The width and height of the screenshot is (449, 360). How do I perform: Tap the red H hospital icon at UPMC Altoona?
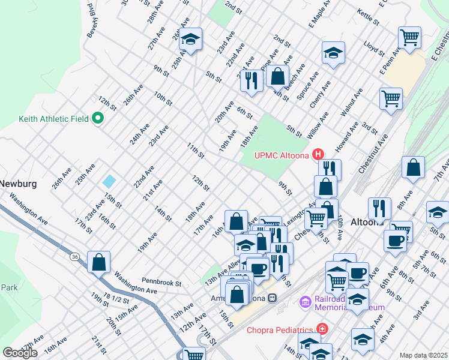click(318, 155)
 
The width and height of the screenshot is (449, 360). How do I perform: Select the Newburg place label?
click(19, 183)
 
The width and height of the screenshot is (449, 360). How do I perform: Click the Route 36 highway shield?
click(74, 257)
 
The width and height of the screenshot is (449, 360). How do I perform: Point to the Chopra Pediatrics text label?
click(280, 329)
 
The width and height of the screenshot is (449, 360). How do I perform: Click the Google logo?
click(20, 353)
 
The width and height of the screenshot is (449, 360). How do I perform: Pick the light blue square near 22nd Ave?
click(109, 181)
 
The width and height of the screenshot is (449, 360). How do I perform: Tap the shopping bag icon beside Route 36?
click(99, 262)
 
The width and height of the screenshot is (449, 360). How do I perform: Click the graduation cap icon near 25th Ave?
click(191, 40)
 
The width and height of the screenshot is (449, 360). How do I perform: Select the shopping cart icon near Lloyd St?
click(410, 37)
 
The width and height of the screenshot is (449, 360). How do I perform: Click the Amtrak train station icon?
click(272, 298)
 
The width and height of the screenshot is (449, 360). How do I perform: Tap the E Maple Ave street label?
click(321, 18)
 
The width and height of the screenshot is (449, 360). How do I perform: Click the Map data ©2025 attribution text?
click(424, 355)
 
